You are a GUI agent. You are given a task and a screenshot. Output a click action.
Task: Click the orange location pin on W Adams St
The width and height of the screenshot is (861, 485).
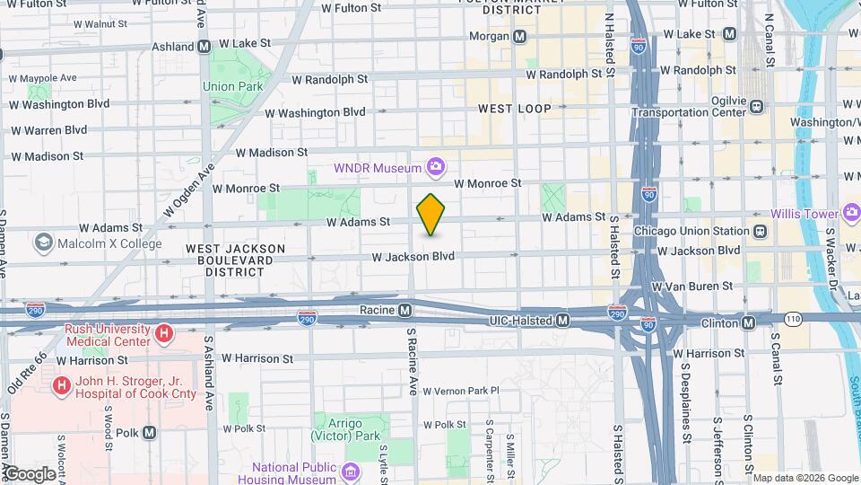[431, 215]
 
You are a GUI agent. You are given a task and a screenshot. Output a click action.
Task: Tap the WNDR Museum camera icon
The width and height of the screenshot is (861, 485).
[436, 167]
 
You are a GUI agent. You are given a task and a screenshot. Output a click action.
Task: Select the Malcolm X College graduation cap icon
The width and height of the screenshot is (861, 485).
[43, 243]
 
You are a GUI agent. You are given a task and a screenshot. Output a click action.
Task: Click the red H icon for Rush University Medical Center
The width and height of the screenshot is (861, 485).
[164, 335]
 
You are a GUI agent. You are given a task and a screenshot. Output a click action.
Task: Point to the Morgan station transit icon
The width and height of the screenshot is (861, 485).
[519, 36]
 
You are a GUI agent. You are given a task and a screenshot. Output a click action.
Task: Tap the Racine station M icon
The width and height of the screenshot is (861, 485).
[404, 311]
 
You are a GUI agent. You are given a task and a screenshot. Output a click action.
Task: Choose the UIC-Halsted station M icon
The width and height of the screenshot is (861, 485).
[562, 321]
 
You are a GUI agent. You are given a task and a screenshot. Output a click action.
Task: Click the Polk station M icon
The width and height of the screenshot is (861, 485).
[149, 432]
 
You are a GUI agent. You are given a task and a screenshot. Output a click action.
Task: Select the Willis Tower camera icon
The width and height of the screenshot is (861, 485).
[851, 214]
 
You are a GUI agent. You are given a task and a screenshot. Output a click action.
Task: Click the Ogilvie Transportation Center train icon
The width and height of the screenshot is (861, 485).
[757, 106]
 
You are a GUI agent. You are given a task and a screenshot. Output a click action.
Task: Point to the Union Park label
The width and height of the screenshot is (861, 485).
[230, 87]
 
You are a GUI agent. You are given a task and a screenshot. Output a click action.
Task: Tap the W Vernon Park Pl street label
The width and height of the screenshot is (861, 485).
[460, 391]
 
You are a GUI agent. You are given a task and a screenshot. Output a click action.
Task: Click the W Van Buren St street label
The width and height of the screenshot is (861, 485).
[691, 287]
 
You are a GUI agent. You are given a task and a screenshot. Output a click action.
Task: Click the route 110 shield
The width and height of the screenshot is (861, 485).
[794, 319]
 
